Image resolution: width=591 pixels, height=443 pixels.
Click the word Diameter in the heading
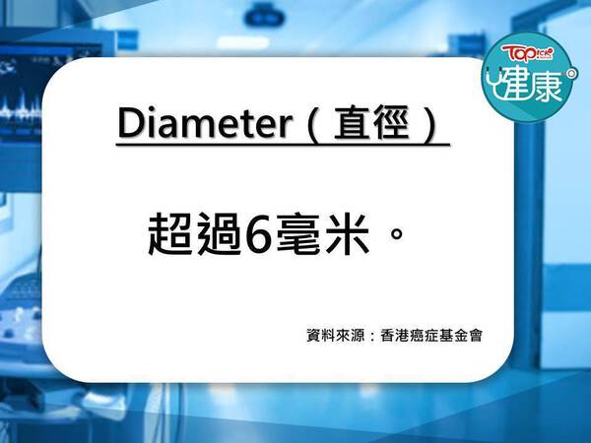point(206,123)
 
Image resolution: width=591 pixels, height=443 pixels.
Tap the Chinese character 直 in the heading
point(352,123)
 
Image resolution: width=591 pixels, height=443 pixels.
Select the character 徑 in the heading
point(390,123)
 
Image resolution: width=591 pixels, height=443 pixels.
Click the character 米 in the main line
point(348,234)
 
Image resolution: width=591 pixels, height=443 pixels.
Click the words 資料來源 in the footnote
point(335,336)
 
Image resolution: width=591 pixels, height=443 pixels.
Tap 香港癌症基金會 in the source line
point(431,336)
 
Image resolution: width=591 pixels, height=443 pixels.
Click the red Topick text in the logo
point(527,54)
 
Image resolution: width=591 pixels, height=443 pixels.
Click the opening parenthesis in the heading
point(313,124)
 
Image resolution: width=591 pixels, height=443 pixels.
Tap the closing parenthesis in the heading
point(429,124)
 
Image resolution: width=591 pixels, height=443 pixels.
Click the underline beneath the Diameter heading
point(283,144)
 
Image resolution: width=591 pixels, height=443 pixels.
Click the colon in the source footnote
point(372,336)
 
